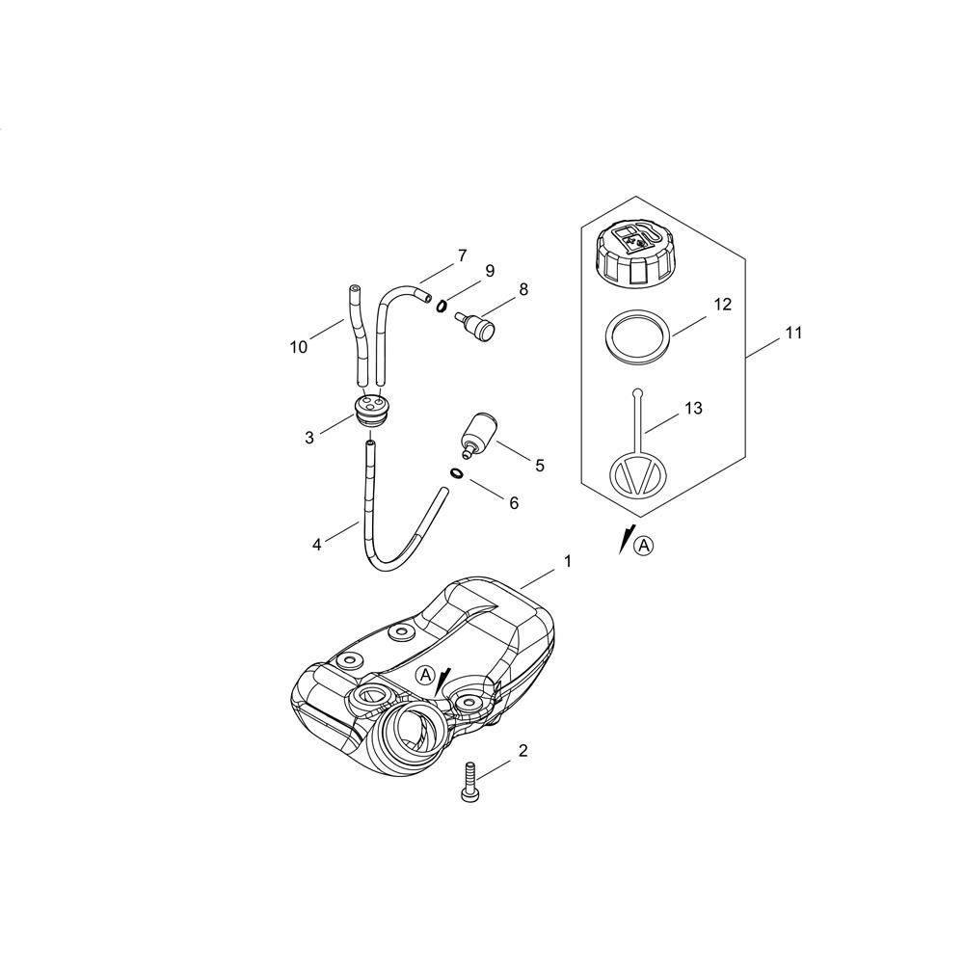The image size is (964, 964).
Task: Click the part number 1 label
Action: click(x=568, y=560)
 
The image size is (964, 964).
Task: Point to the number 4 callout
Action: click(x=316, y=545)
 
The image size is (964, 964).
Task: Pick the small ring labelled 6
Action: click(x=454, y=473)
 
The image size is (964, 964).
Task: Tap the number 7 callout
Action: click(x=462, y=255)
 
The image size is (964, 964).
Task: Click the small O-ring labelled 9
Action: click(x=441, y=306)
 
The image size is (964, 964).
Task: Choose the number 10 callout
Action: click(x=299, y=347)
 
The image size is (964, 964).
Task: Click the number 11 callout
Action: click(x=793, y=334)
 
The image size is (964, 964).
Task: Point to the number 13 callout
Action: click(x=693, y=409)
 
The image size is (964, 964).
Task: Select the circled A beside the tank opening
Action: click(x=425, y=676)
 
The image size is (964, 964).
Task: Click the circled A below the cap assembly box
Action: click(x=644, y=546)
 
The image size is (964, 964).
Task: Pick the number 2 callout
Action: click(x=523, y=751)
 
